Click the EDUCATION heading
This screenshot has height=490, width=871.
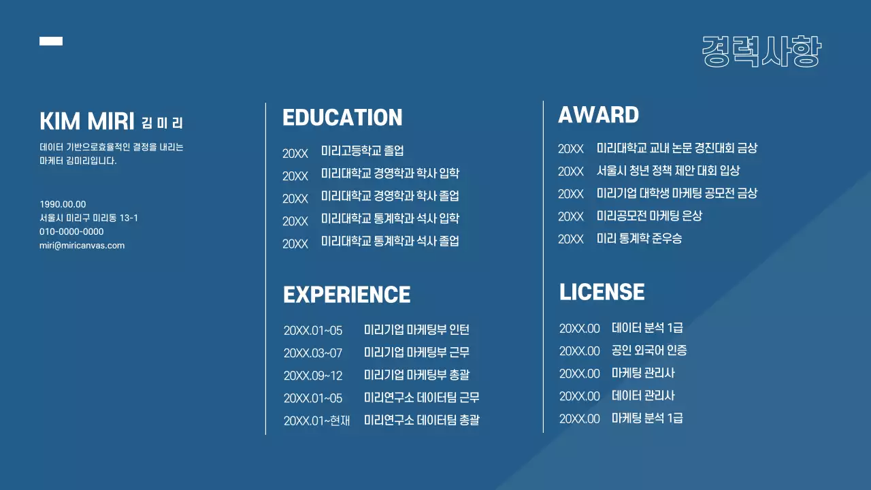[x=342, y=118]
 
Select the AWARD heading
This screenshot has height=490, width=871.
[x=598, y=115]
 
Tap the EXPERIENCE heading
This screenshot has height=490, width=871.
[x=346, y=295]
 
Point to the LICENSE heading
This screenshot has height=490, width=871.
[x=602, y=292]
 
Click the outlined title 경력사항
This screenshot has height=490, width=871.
[x=761, y=52]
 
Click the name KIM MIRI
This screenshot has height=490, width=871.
[x=87, y=122]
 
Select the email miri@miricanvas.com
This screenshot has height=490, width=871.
[x=82, y=246]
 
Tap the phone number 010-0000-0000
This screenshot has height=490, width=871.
[x=71, y=231]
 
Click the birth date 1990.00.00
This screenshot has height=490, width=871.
[x=63, y=204]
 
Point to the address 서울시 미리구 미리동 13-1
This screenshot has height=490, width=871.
[x=88, y=218]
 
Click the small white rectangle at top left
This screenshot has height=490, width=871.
[x=51, y=41]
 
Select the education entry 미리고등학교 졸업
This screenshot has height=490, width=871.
[x=362, y=151]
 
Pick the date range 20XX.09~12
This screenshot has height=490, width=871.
[x=313, y=376]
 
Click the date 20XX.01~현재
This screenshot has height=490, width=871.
[x=316, y=421]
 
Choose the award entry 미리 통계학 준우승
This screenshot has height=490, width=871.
[x=639, y=238]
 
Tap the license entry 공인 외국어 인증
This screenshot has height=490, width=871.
[x=649, y=350]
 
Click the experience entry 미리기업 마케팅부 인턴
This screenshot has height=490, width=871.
[x=416, y=330]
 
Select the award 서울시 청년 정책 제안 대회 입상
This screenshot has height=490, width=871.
[x=668, y=170]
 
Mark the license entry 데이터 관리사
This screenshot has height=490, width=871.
[x=643, y=395]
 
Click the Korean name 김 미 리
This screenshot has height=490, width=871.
[x=163, y=123]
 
